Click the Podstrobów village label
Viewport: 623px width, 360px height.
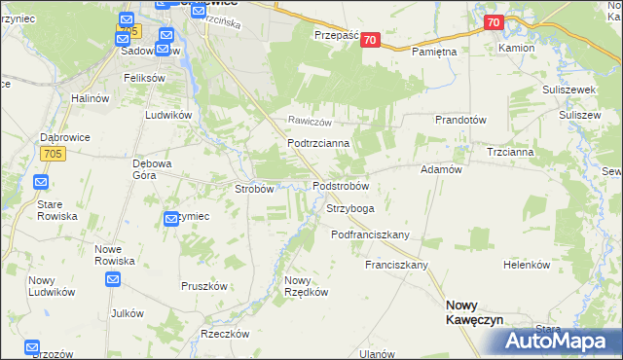click(x=340, y=186)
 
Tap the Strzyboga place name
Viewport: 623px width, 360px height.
click(x=349, y=208)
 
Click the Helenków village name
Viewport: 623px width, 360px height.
click(x=527, y=265)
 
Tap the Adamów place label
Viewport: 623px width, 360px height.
click(x=440, y=169)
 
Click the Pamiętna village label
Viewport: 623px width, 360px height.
click(x=434, y=51)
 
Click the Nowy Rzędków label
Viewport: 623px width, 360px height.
click(x=303, y=287)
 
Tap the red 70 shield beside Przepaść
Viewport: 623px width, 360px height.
click(x=378, y=39)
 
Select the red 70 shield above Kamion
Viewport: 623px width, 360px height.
click(x=493, y=22)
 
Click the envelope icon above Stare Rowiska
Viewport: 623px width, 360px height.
click(x=41, y=182)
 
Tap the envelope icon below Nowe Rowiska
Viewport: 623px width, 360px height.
click(x=113, y=280)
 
